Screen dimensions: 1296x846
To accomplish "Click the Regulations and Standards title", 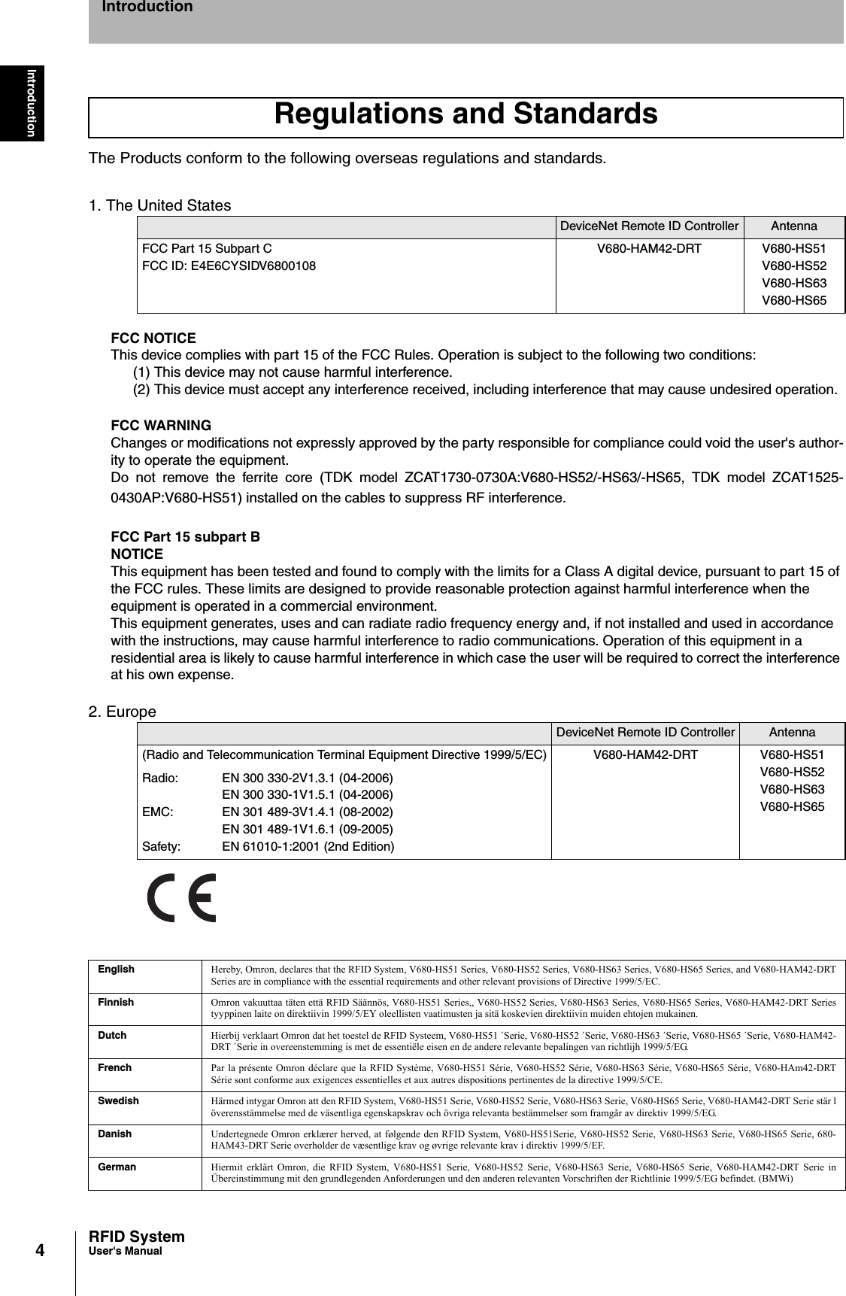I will click(465, 115).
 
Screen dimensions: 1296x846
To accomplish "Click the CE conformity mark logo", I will click(182, 897).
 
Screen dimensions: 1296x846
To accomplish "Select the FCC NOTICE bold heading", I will click(153, 338).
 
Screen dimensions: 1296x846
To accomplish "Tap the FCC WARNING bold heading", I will click(161, 425).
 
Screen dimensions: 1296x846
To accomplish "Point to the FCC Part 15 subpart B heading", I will click(186, 537).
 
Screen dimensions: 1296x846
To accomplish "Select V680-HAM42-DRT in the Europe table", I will click(645, 754).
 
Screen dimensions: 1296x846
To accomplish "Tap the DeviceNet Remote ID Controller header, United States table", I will click(649, 226).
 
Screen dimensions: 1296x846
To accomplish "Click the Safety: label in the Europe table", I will click(161, 846).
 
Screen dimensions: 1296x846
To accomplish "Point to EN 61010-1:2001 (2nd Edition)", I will click(308, 846).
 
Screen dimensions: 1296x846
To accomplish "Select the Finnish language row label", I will click(116, 1002).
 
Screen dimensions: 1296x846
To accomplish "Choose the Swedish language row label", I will click(118, 1100).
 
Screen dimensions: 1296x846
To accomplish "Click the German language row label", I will click(117, 1167).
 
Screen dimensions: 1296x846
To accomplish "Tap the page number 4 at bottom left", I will click(39, 1250).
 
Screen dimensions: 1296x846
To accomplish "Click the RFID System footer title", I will click(136, 1237).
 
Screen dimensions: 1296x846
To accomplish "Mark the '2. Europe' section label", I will click(123, 712).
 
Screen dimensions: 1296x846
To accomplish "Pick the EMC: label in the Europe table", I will click(157, 812).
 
